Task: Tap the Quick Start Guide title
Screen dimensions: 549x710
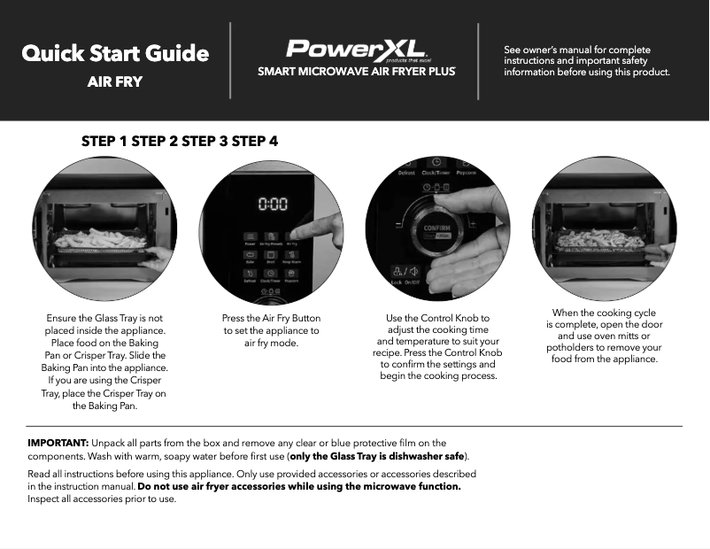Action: pyautogui.click(x=115, y=53)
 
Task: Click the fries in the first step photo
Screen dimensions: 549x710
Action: pyautogui.click(x=99, y=238)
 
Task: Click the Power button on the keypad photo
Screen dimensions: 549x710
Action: pyautogui.click(x=251, y=239)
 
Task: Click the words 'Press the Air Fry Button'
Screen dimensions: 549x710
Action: pyautogui.click(x=272, y=318)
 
